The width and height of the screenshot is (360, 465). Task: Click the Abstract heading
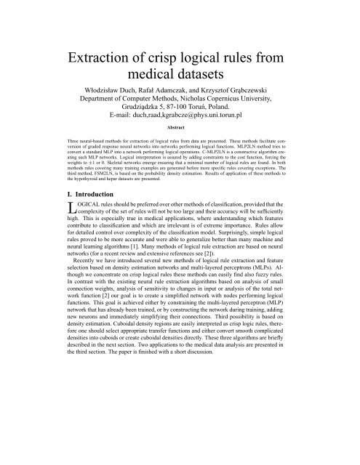180,147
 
